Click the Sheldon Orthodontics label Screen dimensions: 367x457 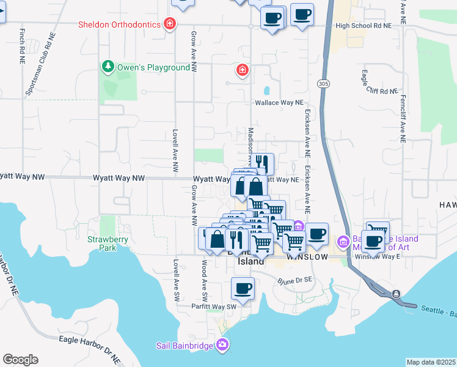[x=119, y=24]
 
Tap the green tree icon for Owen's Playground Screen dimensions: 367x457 [x=108, y=66]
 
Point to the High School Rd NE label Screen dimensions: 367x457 [x=364, y=26]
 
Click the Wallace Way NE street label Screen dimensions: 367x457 [x=279, y=103]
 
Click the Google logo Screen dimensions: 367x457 [x=20, y=360]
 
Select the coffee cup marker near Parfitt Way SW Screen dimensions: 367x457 [x=243, y=288]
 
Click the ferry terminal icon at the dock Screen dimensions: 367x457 [x=397, y=295]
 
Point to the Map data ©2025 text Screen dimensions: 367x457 [x=431, y=362]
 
